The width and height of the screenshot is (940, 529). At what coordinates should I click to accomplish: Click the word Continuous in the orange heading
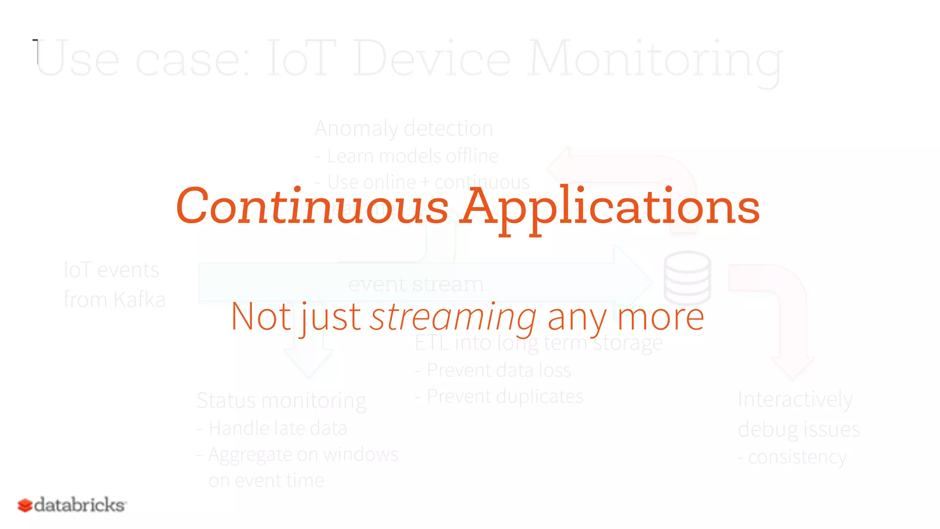[x=312, y=207]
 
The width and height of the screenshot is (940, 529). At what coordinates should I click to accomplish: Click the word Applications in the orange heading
[x=610, y=207]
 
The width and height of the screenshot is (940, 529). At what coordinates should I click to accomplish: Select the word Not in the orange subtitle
[x=261, y=317]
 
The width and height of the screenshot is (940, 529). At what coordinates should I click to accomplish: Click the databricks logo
[x=72, y=505]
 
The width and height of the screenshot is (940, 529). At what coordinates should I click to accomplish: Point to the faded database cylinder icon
[x=687, y=278]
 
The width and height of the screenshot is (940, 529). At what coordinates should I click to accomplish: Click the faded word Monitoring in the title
[x=655, y=60]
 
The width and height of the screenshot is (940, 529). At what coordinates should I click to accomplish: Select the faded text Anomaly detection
[x=404, y=129]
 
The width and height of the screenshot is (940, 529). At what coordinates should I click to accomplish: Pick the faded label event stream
[x=416, y=284]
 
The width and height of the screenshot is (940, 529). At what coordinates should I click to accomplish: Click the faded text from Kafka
[x=114, y=299]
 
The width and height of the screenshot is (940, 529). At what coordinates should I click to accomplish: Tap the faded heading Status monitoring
[x=281, y=400]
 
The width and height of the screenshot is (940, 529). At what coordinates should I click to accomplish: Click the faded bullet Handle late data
[x=277, y=428]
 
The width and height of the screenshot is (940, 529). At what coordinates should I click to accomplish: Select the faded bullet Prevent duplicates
[x=504, y=396]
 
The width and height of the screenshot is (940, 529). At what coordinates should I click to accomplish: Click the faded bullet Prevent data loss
[x=498, y=370]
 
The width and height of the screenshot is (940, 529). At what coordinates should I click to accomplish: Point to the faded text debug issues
[x=799, y=429]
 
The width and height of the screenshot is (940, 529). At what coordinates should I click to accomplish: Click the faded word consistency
[x=797, y=457]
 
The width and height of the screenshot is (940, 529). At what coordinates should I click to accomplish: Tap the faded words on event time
[x=266, y=480]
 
